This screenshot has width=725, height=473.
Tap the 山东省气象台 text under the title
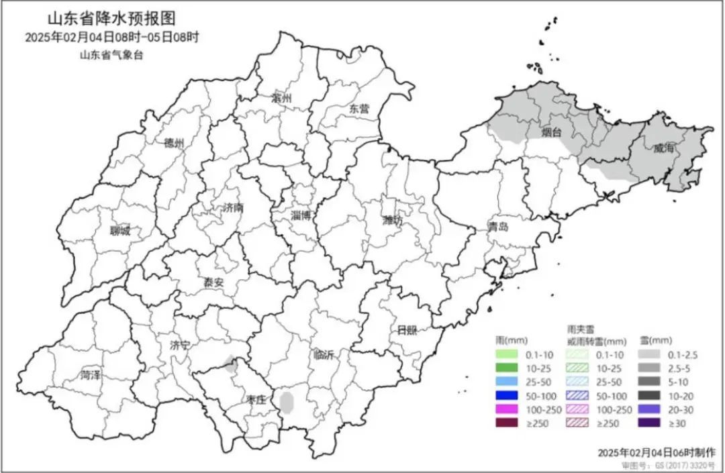112,55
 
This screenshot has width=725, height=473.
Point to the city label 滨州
282,98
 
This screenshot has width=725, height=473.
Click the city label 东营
359,108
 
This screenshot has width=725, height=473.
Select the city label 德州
174,142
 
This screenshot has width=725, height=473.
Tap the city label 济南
232,208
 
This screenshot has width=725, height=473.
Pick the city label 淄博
301,215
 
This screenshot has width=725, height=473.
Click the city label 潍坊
392,220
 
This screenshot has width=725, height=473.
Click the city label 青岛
499,226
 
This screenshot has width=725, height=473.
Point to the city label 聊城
121,231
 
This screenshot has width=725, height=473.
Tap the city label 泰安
213,282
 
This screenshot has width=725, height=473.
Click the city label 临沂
323,355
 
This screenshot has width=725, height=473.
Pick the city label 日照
406,329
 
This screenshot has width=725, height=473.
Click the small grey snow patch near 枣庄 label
287,403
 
